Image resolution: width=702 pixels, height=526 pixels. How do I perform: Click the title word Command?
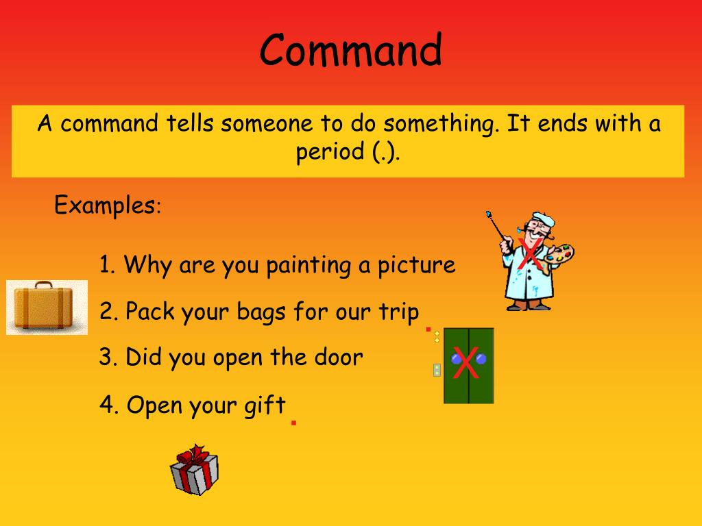point(350,51)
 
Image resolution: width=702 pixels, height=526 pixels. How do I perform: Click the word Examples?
point(105,205)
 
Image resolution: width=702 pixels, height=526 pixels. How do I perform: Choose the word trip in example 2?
point(398,312)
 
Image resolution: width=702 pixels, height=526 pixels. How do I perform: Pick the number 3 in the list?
point(106,357)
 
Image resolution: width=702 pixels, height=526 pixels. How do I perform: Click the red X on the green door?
point(466,364)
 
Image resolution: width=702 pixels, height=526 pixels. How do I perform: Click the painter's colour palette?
point(559,255)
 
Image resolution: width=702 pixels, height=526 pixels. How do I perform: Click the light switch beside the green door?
point(437,371)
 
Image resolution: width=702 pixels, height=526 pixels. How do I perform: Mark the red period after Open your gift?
point(293,423)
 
